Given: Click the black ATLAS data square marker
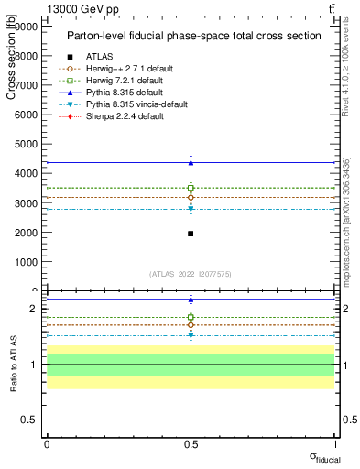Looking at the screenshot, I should [191, 234].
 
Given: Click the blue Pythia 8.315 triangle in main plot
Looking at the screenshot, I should [191, 163].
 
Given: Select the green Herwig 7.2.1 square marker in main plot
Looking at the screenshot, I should [191, 188].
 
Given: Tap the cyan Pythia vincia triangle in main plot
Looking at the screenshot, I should [191, 209].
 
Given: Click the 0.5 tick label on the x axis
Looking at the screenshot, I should [191, 443].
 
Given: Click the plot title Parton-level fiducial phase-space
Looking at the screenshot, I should [193, 36].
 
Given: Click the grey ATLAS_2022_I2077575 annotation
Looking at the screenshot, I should [191, 274].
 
